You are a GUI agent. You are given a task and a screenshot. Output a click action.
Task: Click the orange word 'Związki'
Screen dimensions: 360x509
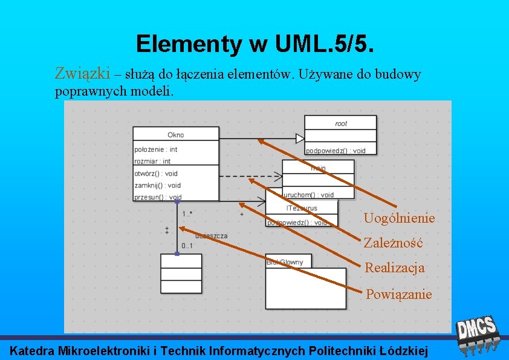pos(82,74)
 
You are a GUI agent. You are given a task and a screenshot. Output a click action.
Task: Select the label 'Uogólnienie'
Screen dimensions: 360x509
pos(399,218)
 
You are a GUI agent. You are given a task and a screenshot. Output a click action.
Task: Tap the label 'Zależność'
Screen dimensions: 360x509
pos(393,243)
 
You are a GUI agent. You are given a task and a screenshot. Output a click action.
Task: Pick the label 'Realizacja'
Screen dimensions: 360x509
pos(394,268)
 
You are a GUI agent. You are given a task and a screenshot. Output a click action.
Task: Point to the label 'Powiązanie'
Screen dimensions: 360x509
pos(399,295)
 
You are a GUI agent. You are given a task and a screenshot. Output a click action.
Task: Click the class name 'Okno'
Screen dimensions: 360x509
pos(176,135)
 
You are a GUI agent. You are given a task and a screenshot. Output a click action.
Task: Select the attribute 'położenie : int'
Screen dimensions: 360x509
pos(156,149)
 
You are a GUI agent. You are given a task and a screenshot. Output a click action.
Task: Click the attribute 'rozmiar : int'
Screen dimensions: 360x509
pos(152,161)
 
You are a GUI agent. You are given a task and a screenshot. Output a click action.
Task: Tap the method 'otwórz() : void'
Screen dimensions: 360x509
pos(156,174)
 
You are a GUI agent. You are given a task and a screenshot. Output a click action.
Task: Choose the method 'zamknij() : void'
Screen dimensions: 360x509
pos(157,185)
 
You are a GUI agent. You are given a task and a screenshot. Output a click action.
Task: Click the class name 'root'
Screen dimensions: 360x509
pos(341,123)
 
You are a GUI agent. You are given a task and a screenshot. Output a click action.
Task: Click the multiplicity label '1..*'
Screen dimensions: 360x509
pos(187,214)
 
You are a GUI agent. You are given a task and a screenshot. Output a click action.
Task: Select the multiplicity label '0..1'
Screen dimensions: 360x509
pos(187,246)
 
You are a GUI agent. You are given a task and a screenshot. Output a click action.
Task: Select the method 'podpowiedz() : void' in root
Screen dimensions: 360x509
pos(336,151)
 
